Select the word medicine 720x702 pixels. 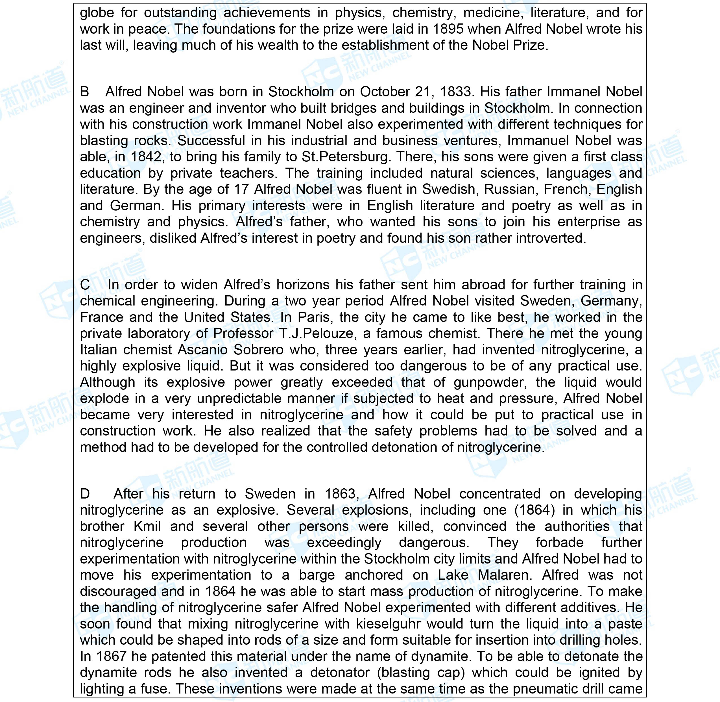click(492, 13)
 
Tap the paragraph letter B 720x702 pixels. click(85, 92)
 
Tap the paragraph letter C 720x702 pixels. click(85, 285)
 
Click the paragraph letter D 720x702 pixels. click(85, 494)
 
